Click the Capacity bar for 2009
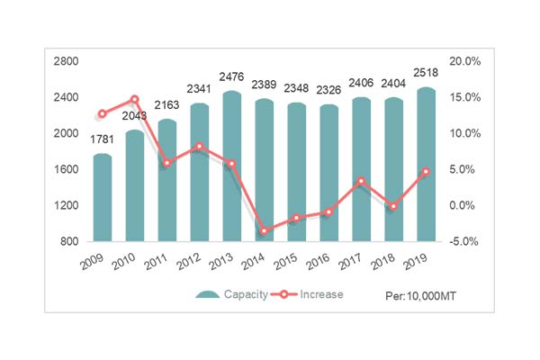click(x=103, y=198)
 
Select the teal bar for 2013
click(x=231, y=166)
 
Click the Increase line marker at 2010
click(x=134, y=100)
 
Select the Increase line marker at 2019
click(x=426, y=172)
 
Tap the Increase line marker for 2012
click(x=199, y=147)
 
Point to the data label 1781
click(x=103, y=138)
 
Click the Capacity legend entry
click(x=232, y=294)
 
